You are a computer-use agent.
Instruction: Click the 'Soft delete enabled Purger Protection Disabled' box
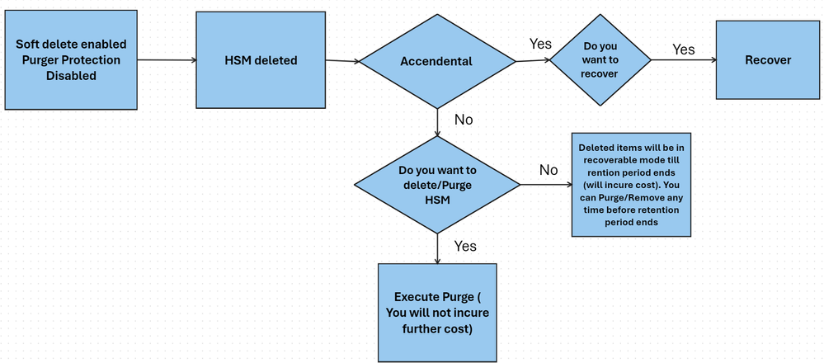point(71,60)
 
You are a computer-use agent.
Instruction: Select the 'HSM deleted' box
point(261,60)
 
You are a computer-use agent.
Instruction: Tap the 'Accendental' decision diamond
point(436,62)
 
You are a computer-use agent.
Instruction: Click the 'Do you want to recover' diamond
point(600,60)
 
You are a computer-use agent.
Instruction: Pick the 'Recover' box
point(768,60)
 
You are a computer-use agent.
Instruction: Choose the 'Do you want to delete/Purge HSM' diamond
point(436,185)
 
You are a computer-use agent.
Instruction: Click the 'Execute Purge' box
point(437,313)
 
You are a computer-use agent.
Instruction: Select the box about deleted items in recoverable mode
point(631,185)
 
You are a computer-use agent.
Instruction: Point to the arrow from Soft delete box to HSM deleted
point(167,60)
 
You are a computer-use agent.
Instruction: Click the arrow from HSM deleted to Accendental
point(342,61)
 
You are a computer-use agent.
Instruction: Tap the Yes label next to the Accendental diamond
point(539,44)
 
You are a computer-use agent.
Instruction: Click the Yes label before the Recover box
point(684,49)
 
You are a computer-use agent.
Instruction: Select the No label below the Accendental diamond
point(464,120)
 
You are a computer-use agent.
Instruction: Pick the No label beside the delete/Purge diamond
point(549,170)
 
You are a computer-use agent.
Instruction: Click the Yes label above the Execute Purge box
point(465,246)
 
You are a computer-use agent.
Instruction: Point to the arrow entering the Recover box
point(684,60)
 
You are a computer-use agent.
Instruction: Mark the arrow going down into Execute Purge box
point(437,248)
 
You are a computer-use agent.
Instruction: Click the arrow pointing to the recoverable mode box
point(546,185)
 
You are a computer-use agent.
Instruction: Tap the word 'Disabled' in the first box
point(71,76)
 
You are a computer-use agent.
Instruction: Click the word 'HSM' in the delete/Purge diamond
point(436,200)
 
